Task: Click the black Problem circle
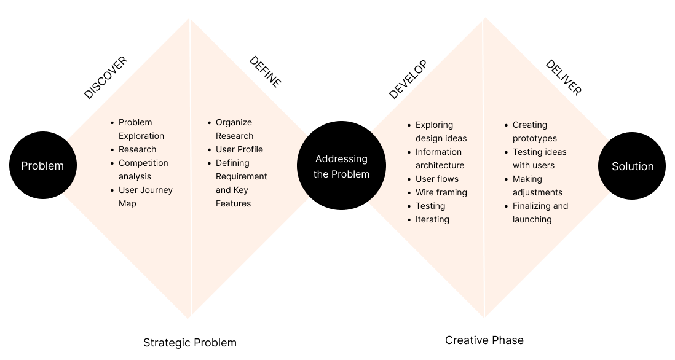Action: [x=42, y=165]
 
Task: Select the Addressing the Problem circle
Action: [x=341, y=166]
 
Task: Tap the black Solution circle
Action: [x=632, y=166]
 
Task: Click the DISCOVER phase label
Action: [x=106, y=77]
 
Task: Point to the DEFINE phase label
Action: [x=265, y=72]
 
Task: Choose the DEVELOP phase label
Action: [x=408, y=79]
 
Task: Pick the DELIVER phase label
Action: [x=563, y=77]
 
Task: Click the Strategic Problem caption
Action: [x=189, y=343]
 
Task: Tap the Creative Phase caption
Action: [x=484, y=340]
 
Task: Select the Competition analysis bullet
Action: [x=143, y=170]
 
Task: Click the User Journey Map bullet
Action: [x=145, y=197]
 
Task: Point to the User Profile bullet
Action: [x=239, y=149]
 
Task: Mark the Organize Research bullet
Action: [x=234, y=129]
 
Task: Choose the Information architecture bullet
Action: [x=440, y=158]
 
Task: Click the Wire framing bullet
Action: [x=441, y=192]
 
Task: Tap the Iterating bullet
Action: [x=432, y=219]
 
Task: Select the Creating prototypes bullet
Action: [x=534, y=131]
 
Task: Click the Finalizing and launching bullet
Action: [x=540, y=213]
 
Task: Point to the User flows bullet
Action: [x=436, y=179]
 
